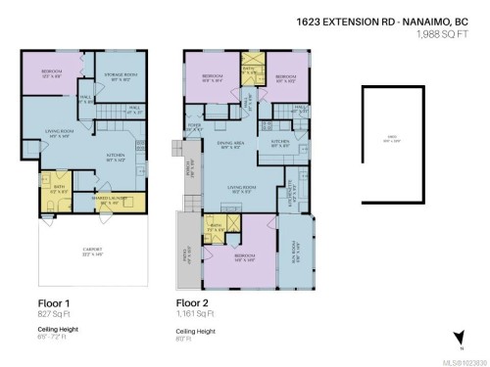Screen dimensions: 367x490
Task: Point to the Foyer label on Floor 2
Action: pos(196,123)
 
